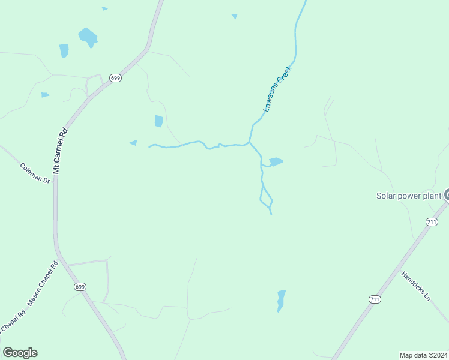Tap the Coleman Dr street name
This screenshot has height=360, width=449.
point(35,173)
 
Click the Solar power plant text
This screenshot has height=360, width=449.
point(408,196)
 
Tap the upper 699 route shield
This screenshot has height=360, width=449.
point(116,78)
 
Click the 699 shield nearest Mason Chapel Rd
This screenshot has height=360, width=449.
point(80,287)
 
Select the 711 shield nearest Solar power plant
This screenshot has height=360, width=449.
point(432,222)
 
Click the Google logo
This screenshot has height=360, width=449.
point(20,353)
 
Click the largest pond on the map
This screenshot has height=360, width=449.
point(88,37)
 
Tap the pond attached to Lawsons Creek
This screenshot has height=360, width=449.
point(276,161)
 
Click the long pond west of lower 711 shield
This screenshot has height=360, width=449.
point(280,300)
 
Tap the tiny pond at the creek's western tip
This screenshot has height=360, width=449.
point(133,143)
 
